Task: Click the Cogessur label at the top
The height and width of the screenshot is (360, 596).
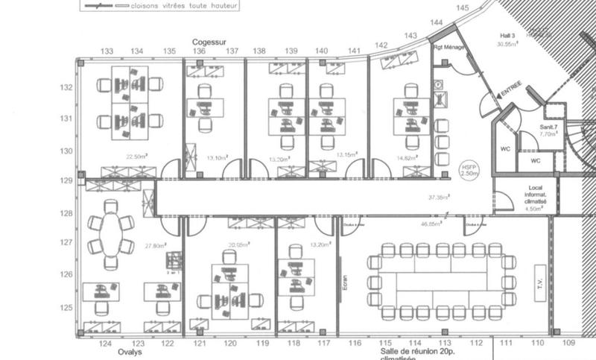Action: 209,42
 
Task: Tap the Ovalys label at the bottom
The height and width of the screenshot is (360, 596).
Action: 131,353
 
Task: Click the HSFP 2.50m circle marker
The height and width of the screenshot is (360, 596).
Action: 469,170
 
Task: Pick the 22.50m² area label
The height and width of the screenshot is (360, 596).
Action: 136,157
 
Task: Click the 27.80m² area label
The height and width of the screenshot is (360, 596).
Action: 156,245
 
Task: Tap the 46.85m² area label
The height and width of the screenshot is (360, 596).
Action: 430,223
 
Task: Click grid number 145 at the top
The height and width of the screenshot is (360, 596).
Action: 463,7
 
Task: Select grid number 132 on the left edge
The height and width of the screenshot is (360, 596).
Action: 66,88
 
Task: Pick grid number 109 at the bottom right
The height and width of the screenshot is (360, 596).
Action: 569,343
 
